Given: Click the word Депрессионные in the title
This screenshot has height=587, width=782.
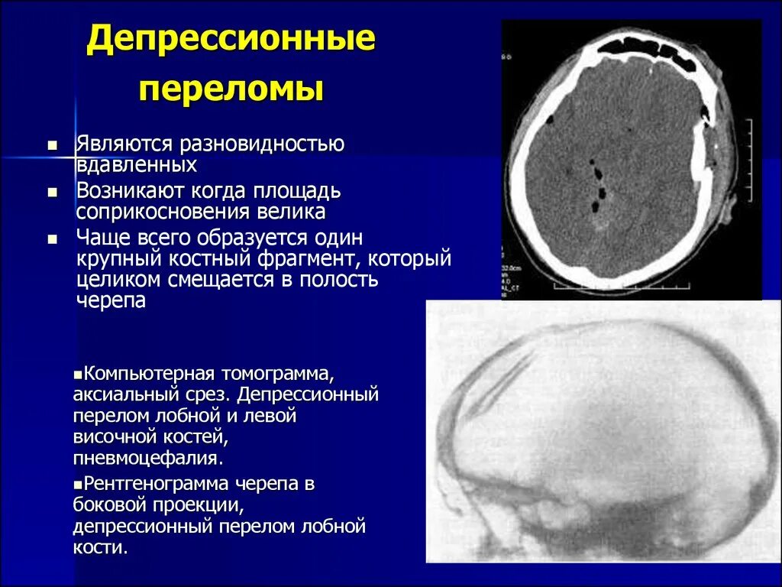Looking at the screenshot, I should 231,41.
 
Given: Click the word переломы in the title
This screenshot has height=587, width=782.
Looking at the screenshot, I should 231,89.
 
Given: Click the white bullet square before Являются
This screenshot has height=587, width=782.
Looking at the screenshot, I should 53,144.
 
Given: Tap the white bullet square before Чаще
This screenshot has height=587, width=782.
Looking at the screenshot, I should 53,238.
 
